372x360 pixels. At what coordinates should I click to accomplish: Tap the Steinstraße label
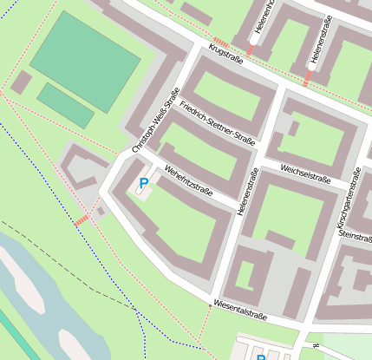click(x=356, y=235)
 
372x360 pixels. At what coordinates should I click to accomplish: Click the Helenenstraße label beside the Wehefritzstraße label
click(x=246, y=191)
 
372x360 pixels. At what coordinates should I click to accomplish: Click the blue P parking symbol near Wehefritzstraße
click(x=143, y=184)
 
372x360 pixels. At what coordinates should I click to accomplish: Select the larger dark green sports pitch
click(x=85, y=62)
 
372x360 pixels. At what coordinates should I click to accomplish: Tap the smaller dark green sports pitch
click(x=65, y=105)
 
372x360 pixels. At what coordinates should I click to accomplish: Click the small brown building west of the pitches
click(x=21, y=83)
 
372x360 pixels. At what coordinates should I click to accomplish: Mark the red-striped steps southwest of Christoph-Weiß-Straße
click(x=82, y=220)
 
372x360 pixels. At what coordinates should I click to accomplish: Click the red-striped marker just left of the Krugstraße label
click(x=221, y=43)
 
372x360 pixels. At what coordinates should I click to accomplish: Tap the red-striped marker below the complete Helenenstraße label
click(x=308, y=79)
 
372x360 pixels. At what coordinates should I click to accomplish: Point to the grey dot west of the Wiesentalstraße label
click(x=210, y=305)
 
